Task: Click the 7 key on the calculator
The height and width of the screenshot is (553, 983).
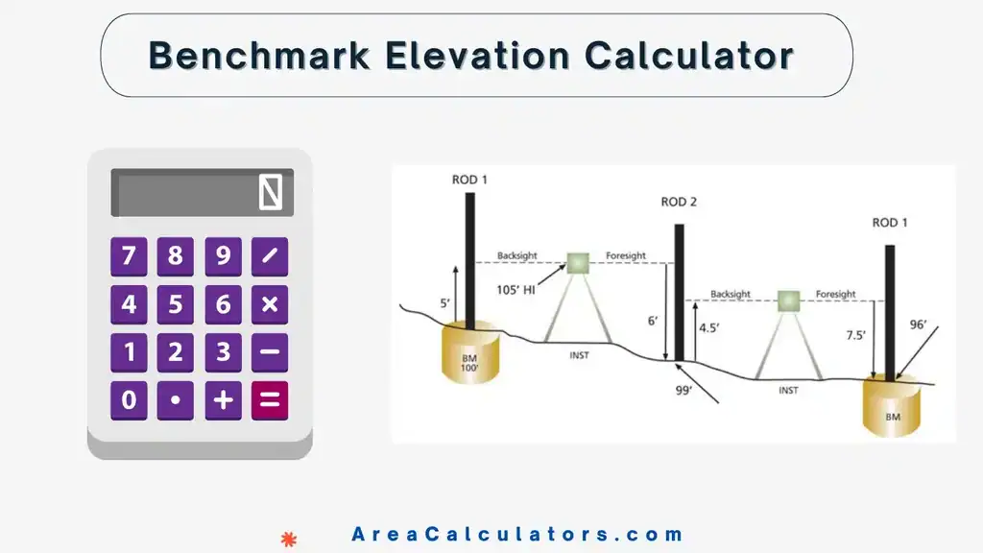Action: click(x=129, y=257)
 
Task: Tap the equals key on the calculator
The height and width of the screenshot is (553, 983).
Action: click(x=270, y=400)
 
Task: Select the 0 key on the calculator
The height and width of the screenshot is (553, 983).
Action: click(x=129, y=400)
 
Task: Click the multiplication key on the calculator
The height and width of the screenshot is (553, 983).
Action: click(x=270, y=305)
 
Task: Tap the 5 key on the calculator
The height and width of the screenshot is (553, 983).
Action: click(x=176, y=305)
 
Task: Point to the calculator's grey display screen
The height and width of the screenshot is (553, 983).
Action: click(x=202, y=193)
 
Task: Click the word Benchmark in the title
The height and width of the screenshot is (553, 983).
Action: click(x=257, y=56)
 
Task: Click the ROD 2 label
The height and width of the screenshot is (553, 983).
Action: click(x=679, y=203)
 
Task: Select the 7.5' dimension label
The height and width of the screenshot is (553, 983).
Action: click(x=856, y=336)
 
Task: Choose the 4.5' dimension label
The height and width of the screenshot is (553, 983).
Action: click(x=709, y=327)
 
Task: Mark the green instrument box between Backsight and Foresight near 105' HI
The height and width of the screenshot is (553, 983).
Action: click(x=578, y=262)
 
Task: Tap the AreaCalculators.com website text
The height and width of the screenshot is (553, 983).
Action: click(x=517, y=535)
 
